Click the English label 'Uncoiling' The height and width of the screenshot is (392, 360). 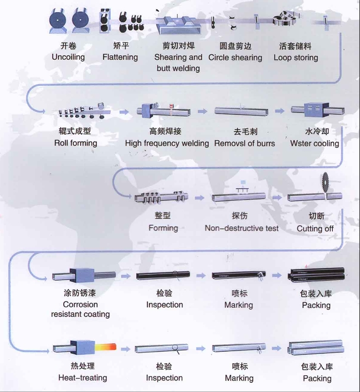click(x=68, y=57)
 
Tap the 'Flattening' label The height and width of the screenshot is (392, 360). click(x=120, y=57)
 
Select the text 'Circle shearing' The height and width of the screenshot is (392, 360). click(x=235, y=57)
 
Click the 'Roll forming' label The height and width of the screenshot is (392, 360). click(x=75, y=143)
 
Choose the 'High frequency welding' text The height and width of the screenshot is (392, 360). click(x=167, y=143)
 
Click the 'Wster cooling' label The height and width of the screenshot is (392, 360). click(x=315, y=143)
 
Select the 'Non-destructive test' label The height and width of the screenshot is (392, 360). click(x=241, y=228)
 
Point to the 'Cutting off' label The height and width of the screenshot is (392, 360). click(x=315, y=228)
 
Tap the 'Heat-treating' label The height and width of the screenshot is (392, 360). click(x=83, y=378)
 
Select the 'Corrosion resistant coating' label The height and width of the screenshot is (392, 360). click(x=80, y=309)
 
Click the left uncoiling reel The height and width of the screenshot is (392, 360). click(x=57, y=21)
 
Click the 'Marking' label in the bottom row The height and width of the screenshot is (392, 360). click(x=239, y=378)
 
